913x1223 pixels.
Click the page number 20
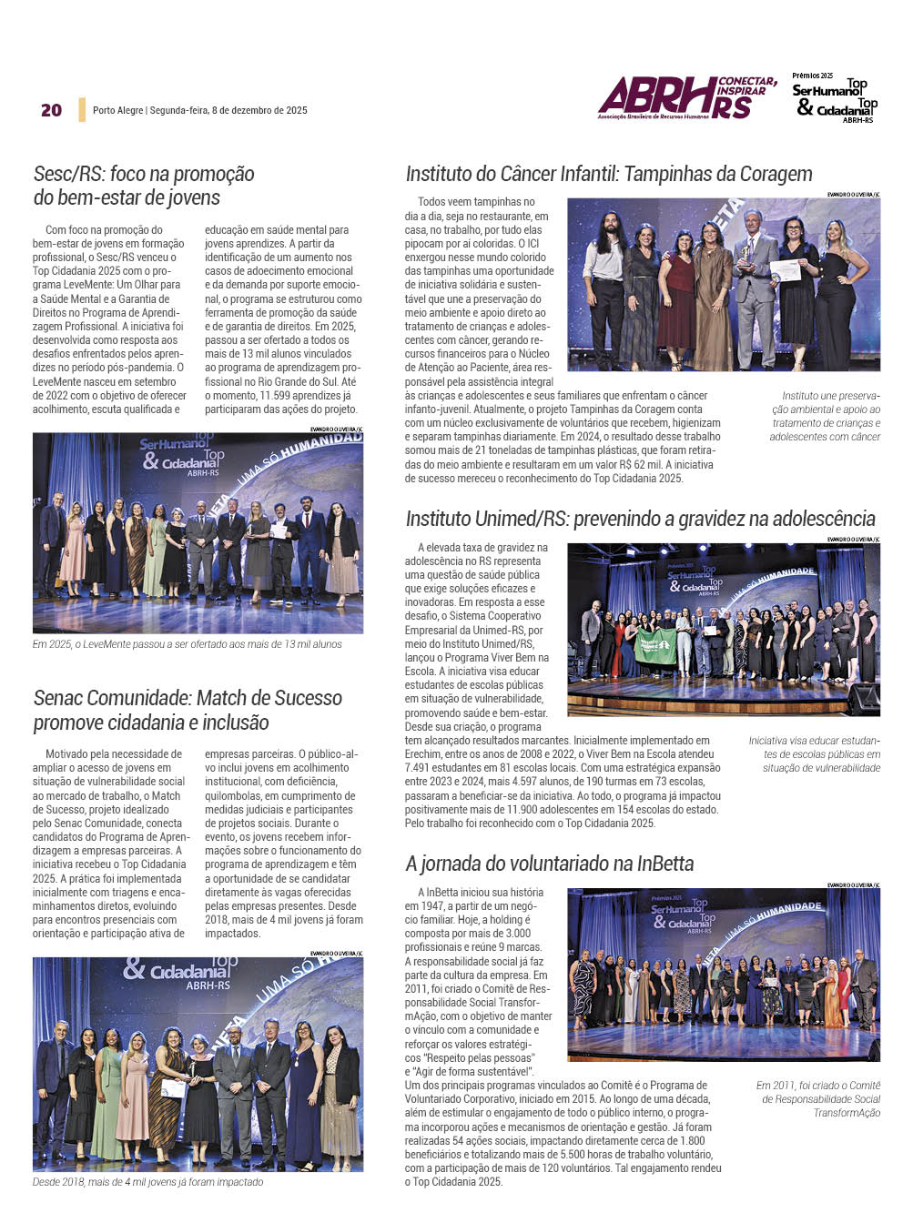51,110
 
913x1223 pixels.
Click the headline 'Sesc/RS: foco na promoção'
144,174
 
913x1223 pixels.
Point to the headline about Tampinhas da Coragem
609,174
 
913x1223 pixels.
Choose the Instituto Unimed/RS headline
640,519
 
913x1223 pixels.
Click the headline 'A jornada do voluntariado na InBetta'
550,864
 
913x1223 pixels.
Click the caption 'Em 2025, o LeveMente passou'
188,644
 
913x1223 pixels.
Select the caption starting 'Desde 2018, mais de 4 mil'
148,1182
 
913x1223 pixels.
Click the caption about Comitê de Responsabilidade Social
818,1099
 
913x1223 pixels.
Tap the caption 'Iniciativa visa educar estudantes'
815,754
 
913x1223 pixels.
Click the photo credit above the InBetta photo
853,884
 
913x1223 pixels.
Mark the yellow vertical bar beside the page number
82,110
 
